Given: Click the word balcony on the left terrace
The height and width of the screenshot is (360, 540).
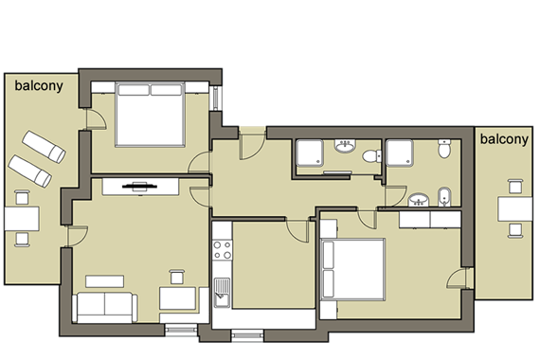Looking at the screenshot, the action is pyautogui.click(x=39, y=86).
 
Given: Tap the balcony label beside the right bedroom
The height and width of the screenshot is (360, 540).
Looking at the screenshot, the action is pyautogui.click(x=504, y=139).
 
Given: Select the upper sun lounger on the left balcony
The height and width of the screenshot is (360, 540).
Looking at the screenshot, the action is pyautogui.click(x=44, y=147).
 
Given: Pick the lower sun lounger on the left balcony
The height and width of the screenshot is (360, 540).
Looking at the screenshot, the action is pyautogui.click(x=30, y=171).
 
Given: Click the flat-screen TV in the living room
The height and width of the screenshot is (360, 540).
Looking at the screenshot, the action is pyautogui.click(x=139, y=187).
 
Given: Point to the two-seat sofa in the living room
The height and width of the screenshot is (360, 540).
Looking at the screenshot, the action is pyautogui.click(x=105, y=308).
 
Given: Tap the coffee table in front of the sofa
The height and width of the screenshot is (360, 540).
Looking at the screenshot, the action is pyautogui.click(x=105, y=281).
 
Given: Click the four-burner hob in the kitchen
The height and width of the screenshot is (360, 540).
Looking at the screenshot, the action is pyautogui.click(x=222, y=250).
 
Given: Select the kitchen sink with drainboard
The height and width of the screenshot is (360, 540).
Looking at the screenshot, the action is pyautogui.click(x=222, y=293).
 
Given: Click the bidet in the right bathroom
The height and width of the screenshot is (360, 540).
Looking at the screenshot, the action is pyautogui.click(x=445, y=197).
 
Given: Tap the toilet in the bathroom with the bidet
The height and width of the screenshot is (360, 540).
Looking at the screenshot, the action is pyautogui.click(x=444, y=149).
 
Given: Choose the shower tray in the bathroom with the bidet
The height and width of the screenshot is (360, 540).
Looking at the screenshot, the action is pyautogui.click(x=400, y=153).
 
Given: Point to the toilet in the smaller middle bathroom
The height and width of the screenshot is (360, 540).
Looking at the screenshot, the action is pyautogui.click(x=371, y=156).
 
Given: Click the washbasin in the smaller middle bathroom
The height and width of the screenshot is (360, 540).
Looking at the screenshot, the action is pyautogui.click(x=345, y=146).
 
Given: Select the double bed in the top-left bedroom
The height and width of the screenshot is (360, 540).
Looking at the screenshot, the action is pyautogui.click(x=150, y=115).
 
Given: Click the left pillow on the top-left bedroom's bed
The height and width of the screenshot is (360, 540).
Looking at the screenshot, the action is pyautogui.click(x=134, y=90).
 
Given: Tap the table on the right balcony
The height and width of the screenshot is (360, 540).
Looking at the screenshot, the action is pyautogui.click(x=514, y=209).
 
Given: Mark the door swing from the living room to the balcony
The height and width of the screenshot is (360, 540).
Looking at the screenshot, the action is pyautogui.click(x=78, y=236).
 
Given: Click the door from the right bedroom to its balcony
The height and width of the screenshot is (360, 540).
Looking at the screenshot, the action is pyautogui.click(x=458, y=279).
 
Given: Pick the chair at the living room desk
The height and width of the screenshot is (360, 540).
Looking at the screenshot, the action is pyautogui.click(x=176, y=277).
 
